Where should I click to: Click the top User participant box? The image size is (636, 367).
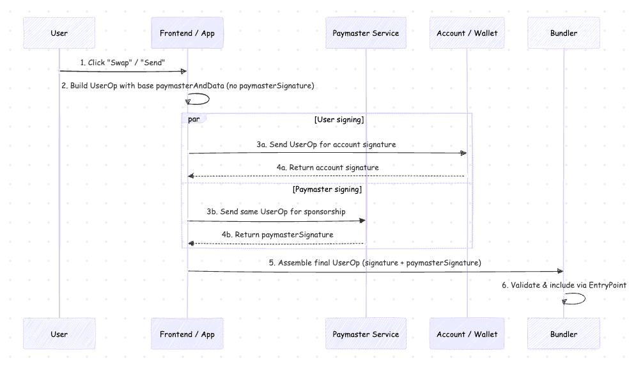point(59,33)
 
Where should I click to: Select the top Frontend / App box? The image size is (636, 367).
point(187,33)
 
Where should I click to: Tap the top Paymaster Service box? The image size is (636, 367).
point(366,33)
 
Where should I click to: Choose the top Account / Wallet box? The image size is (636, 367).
point(467,33)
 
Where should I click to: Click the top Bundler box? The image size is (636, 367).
point(564,33)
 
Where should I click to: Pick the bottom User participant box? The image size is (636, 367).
point(59,334)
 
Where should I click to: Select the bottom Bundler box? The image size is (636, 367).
point(564,334)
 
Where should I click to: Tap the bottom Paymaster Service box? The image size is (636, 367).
point(366,334)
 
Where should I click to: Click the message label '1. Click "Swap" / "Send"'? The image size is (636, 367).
point(123,63)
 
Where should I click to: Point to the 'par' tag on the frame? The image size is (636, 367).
point(194,119)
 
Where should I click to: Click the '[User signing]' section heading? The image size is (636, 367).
point(339,120)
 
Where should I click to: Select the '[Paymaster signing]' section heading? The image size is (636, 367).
point(327,190)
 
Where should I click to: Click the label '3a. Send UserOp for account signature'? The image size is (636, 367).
point(326,144)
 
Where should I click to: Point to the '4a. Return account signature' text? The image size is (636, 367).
point(327,168)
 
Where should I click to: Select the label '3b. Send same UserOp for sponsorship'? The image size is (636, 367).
point(275,212)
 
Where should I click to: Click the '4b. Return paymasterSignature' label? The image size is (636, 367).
point(277,235)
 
